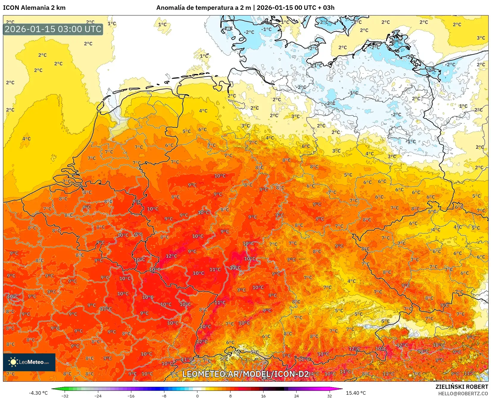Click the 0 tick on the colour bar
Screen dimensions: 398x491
click(x=197, y=396)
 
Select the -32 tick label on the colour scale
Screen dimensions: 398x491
click(x=65, y=396)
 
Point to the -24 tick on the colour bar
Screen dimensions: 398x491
click(x=98, y=396)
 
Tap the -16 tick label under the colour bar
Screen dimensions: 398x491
click(x=131, y=396)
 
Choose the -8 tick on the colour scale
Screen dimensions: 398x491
click(x=164, y=396)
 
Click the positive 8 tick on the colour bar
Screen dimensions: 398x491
click(x=230, y=396)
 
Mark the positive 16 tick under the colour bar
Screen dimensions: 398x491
click(x=263, y=396)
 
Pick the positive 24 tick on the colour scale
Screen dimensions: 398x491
click(x=296, y=396)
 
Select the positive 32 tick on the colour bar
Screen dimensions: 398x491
click(x=329, y=396)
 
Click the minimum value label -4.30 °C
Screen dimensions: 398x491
click(x=38, y=393)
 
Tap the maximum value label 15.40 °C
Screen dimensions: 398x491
click(x=356, y=393)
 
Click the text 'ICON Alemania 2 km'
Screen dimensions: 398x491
click(x=34, y=8)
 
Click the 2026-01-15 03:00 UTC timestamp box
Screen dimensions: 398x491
click(x=53, y=29)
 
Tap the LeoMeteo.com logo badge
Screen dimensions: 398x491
click(x=29, y=362)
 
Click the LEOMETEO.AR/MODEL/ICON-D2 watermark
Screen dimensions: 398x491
click(x=245, y=374)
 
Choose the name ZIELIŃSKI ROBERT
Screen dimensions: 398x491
click(x=462, y=387)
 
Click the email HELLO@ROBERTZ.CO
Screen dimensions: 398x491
click(x=463, y=394)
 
